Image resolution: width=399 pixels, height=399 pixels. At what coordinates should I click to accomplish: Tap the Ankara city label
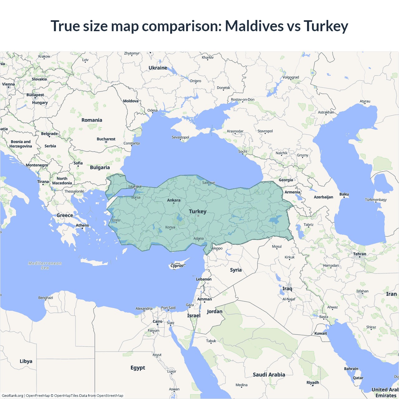click(174, 200)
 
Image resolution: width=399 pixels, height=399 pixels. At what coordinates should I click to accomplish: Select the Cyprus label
click(177, 266)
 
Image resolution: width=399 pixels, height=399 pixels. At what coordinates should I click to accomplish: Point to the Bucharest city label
click(106, 139)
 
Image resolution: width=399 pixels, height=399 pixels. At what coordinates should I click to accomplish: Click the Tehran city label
click(360, 254)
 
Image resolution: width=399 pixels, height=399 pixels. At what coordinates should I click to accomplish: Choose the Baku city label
click(344, 194)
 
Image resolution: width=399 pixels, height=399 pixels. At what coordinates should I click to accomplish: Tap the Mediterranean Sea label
click(45, 265)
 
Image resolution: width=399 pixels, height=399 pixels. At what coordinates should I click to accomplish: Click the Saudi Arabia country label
click(269, 375)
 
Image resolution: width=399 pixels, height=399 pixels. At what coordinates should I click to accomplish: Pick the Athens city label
click(82, 225)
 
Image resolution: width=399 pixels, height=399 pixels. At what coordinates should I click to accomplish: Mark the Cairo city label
click(157, 321)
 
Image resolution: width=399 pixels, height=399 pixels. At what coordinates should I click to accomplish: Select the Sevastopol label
click(180, 137)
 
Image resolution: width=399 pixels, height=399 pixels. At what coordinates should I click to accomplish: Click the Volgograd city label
click(291, 77)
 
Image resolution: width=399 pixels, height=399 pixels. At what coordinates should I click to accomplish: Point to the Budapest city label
click(35, 95)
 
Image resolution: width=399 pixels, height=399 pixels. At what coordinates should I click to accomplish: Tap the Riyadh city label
click(313, 382)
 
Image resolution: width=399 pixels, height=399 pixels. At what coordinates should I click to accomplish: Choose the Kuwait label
click(321, 333)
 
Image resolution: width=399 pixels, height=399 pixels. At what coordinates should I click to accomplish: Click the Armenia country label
click(292, 192)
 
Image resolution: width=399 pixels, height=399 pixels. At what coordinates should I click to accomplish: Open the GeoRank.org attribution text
click(12, 396)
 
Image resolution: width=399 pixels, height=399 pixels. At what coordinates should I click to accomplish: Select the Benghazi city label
click(46, 298)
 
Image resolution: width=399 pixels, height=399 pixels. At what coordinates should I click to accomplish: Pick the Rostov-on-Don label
click(243, 100)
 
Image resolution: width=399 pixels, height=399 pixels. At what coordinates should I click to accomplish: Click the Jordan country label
click(215, 311)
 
